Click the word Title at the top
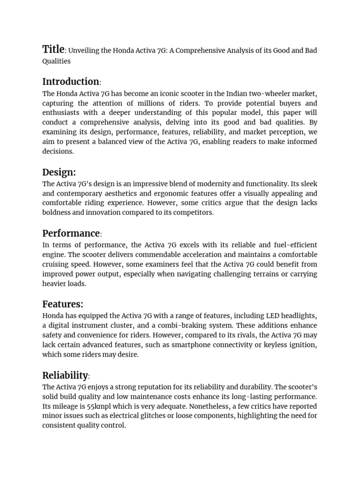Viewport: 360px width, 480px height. tap(53, 49)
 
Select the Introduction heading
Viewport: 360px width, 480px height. tap(70, 82)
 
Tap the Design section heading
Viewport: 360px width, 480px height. tap(59, 172)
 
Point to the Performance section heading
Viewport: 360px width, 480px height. tap(71, 233)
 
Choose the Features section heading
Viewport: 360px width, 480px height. tap(62, 304)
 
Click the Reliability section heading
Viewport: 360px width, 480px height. tap(65, 375)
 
